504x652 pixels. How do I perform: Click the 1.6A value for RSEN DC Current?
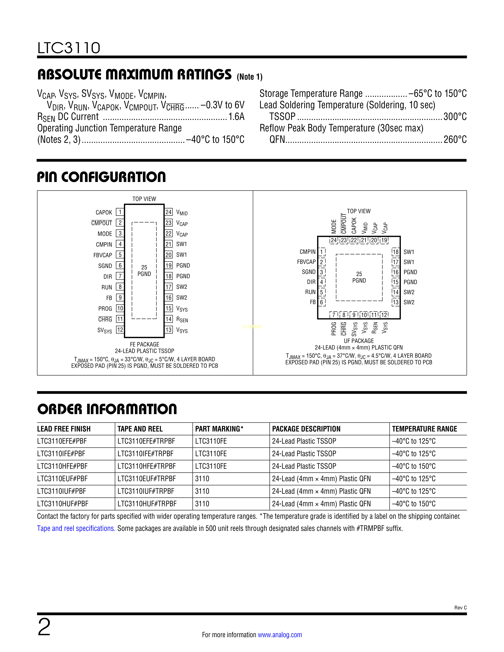(x=236, y=116)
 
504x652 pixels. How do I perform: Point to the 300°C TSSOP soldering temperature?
(x=455, y=116)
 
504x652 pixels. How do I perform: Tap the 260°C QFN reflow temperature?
(x=455, y=139)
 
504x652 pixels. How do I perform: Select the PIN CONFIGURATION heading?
(x=102, y=177)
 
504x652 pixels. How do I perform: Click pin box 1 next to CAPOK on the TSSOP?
(x=120, y=212)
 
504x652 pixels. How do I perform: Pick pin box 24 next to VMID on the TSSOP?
(x=169, y=212)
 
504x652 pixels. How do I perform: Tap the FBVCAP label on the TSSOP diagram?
(x=103, y=255)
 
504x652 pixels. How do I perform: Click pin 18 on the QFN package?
(x=396, y=252)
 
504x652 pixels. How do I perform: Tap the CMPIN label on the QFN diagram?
(x=308, y=252)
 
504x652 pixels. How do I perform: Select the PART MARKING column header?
(x=219, y=429)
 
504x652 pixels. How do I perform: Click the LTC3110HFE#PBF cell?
(x=62, y=466)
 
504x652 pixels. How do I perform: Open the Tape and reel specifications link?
(x=76, y=528)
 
